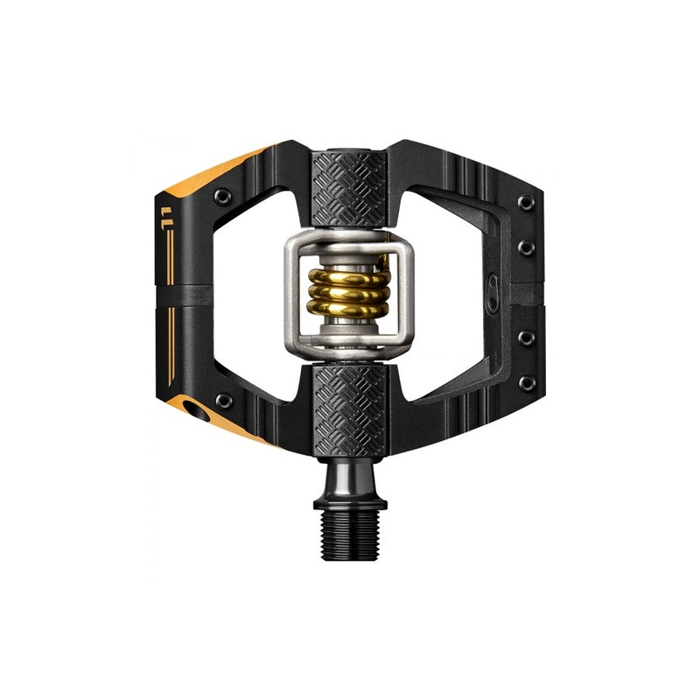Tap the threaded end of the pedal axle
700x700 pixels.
(350, 534)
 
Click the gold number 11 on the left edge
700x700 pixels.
(166, 218)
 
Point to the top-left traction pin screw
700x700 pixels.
(223, 196)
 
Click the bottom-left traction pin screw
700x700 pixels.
(224, 400)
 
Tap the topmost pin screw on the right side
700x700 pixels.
(527, 203)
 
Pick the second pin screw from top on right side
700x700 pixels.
(527, 247)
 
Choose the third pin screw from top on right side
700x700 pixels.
(527, 338)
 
